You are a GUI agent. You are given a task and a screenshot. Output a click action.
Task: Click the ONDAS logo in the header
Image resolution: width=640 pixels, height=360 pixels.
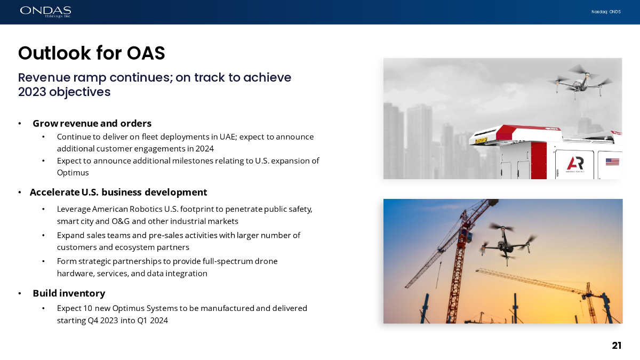point(45,12)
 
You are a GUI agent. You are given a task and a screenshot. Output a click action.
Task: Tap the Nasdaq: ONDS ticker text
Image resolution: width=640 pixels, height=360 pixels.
point(606,12)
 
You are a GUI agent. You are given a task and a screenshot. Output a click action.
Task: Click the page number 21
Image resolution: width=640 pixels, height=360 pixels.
point(617,346)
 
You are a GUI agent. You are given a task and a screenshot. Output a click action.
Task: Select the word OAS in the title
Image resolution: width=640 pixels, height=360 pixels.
point(146,53)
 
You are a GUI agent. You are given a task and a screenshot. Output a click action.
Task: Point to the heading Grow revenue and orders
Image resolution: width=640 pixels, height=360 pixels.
point(92,123)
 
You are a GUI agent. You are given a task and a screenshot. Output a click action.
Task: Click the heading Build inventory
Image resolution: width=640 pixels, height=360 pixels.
point(69,293)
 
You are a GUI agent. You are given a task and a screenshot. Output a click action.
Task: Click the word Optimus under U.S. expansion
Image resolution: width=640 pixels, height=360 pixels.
point(73,173)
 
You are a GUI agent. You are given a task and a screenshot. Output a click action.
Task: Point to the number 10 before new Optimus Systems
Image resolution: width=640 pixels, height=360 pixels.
point(87,308)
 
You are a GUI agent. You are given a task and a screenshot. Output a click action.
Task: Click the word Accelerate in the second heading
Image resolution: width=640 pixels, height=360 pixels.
point(54,193)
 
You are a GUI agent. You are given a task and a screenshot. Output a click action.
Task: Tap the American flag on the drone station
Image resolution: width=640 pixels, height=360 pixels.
point(612,162)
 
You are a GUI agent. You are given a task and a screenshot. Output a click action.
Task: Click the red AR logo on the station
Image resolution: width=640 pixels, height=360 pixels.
point(575,163)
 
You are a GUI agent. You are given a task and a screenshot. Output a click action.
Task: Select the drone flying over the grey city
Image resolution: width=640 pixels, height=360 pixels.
point(579,82)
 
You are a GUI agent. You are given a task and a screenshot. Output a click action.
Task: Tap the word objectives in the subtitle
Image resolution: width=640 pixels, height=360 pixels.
point(79,92)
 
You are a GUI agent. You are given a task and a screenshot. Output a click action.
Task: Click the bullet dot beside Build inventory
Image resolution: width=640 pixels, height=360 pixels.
point(20,294)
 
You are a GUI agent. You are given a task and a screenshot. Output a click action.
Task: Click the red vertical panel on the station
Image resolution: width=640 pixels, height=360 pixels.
point(539,161)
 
